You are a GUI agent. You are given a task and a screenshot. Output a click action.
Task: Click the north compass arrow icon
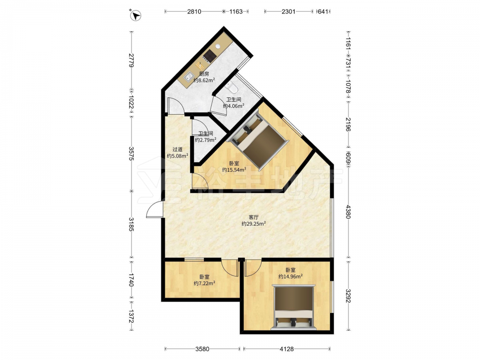[x=136, y=15]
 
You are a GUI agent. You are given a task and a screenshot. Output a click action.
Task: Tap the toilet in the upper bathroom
[x=232, y=87]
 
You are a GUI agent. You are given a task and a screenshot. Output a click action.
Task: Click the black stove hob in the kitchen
[x=210, y=55]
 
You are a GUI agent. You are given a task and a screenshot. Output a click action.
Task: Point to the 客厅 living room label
[x=253, y=217]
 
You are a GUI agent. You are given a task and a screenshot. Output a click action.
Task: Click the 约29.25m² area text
[x=253, y=224]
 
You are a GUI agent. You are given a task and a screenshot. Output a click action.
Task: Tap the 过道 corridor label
[x=177, y=149]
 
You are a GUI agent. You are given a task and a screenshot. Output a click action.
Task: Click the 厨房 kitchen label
[x=204, y=74]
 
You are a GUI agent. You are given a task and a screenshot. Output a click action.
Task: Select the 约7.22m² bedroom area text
[x=204, y=284]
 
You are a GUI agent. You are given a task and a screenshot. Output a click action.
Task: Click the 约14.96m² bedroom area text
[x=290, y=276]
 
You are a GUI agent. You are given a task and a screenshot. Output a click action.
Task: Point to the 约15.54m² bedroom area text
[x=234, y=170]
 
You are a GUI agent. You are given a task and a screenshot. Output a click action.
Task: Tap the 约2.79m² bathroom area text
[x=206, y=140]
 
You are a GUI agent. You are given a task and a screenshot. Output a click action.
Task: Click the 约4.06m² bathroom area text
[x=234, y=106]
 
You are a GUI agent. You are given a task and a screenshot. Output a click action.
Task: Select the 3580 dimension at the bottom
[x=202, y=348]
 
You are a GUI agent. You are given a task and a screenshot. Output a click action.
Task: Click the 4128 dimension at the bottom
[x=287, y=348]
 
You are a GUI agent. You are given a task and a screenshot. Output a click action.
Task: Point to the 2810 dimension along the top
[x=194, y=12]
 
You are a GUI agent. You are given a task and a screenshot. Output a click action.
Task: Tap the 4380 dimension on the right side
[x=348, y=212]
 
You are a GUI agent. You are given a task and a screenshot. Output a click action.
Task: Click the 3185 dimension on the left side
[x=131, y=224]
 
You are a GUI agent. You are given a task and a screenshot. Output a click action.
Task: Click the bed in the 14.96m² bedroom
[x=294, y=307]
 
